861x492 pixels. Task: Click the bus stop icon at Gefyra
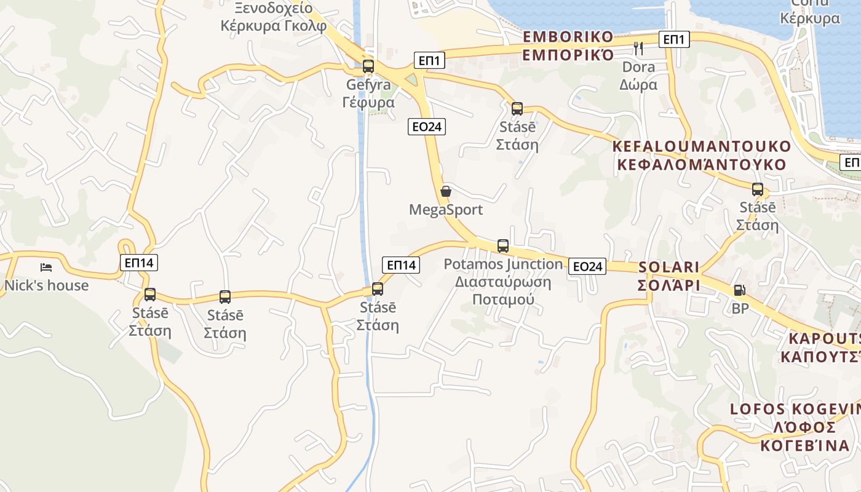[368, 66]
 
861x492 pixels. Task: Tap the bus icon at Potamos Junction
[502, 246]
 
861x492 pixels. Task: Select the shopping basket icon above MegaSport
[446, 191]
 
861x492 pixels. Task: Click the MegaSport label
[446, 210]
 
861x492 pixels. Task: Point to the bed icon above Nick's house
[46, 268]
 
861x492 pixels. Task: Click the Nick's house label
[46, 285]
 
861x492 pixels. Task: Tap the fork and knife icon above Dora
[638, 49]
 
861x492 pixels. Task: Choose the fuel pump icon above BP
[739, 290]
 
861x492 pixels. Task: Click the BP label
[740, 308]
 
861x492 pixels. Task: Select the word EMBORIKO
[568, 36]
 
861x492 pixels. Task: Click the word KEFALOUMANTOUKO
[701, 146]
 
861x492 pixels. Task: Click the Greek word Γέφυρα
[368, 102]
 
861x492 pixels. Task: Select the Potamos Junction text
[503, 264]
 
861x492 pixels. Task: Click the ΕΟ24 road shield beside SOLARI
[587, 266]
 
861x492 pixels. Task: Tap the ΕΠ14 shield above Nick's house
[139, 263]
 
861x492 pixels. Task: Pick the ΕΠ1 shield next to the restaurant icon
[674, 40]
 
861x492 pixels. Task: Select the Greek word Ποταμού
[503, 300]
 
